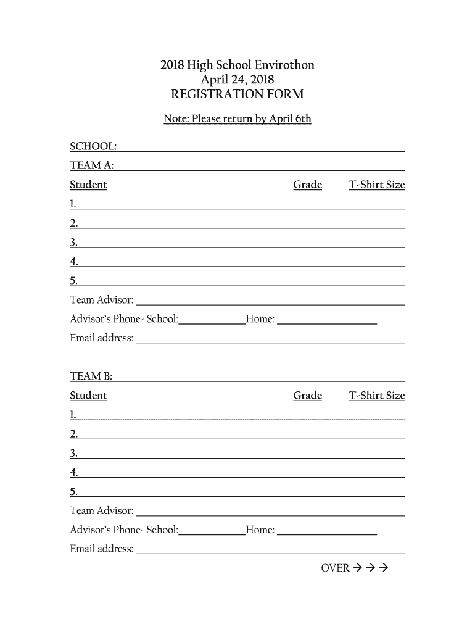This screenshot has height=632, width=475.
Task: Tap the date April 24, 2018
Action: pos(238,80)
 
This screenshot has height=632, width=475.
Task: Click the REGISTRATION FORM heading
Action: pos(237,94)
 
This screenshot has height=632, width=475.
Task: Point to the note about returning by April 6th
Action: pos(238,118)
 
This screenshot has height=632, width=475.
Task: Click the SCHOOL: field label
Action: pos(93,146)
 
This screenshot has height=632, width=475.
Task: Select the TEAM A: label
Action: pos(91,165)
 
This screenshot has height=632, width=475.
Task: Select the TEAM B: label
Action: pos(91,376)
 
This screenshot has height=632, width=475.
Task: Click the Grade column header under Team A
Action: pos(307,185)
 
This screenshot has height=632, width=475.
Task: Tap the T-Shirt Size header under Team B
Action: pos(377,396)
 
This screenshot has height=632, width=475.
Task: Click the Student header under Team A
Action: pos(88,185)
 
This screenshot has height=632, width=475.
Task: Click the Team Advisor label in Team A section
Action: pos(102,300)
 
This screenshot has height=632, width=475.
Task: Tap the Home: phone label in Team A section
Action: pos(260,319)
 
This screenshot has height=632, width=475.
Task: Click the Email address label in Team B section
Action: pos(102,549)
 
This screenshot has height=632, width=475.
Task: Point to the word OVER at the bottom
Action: pos(335,568)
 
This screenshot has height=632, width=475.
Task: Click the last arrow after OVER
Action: pos(382,568)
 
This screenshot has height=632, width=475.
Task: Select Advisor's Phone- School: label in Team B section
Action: pos(124,530)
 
